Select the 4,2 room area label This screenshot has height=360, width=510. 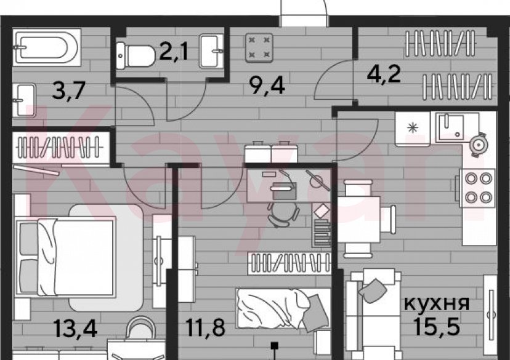click(384, 76)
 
